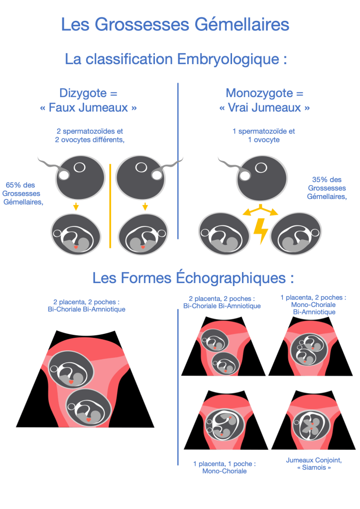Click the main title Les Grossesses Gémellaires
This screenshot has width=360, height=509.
click(x=175, y=24)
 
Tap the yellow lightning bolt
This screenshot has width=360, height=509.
click(x=261, y=229)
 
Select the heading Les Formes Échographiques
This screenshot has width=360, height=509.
click(x=193, y=277)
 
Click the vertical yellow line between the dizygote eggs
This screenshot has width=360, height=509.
click(x=110, y=205)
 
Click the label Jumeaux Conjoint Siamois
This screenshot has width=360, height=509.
click(x=309, y=464)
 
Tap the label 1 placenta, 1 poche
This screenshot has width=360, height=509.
click(x=225, y=467)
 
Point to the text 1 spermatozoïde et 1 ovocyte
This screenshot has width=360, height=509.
click(x=264, y=136)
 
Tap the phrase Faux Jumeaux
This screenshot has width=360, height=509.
click(x=88, y=107)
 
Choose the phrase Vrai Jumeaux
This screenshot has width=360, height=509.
click(x=264, y=107)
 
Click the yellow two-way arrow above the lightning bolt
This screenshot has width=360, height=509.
click(x=260, y=210)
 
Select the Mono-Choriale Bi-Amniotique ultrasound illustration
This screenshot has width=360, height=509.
click(x=312, y=348)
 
